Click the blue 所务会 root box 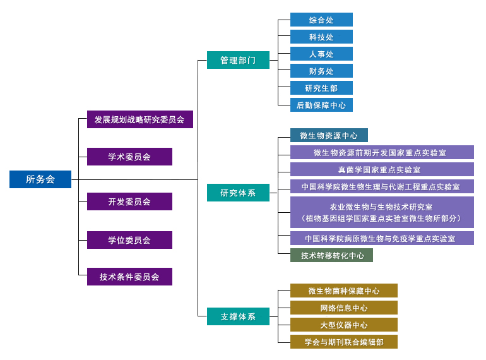coord(40,179)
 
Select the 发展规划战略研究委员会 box coord(140,119)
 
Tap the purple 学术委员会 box coord(129,157)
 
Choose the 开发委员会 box coord(129,201)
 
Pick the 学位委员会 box coord(129,240)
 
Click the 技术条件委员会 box coord(129,277)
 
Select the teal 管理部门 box coord(238,60)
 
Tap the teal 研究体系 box coord(238,193)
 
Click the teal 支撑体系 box coord(238,316)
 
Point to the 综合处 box coord(321,20)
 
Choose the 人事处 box coord(321,54)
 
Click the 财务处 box coord(321,71)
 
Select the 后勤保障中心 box coord(321,105)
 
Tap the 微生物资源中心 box coord(329,135)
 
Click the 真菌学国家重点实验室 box coord(382,169)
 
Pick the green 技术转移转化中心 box coord(331,255)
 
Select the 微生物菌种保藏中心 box coord(343,291)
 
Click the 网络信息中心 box coord(343,308)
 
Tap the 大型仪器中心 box coord(343,325)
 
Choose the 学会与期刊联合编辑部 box coord(343,342)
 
